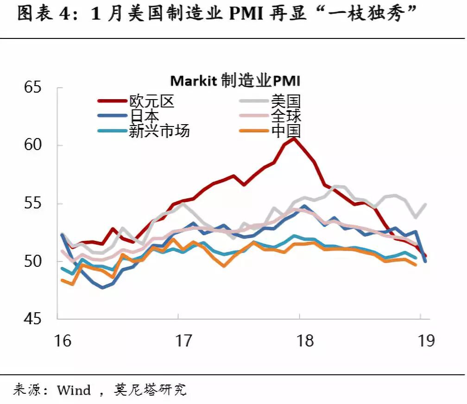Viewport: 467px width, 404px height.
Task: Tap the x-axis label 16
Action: click(x=63, y=341)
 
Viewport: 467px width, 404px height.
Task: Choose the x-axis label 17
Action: click(x=183, y=341)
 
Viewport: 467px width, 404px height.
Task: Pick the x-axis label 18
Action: click(x=304, y=341)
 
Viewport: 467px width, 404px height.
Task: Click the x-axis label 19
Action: click(x=425, y=341)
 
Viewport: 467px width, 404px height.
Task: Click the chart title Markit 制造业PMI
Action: click(x=235, y=81)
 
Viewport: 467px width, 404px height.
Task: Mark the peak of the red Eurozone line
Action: click(x=294, y=138)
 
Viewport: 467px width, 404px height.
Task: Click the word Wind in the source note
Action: click(x=74, y=390)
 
